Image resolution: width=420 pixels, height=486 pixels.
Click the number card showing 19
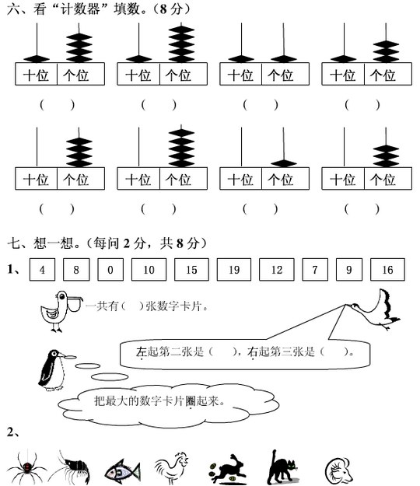233,269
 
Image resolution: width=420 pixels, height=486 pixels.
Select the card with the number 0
110,269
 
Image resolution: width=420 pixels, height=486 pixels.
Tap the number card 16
387,269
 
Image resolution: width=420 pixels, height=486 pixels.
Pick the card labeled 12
276,269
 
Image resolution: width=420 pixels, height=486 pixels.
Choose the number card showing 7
315,269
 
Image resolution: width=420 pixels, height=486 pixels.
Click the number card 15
191,269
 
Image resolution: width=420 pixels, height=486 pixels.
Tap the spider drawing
26,467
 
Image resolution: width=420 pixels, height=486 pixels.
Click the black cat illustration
282,467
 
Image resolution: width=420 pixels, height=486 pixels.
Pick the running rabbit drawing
228,469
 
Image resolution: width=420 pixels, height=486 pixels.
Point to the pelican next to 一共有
61,311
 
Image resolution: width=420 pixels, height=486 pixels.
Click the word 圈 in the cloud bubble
191,401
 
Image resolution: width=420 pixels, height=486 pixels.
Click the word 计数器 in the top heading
80,9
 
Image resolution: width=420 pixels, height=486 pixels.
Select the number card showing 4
42,269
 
